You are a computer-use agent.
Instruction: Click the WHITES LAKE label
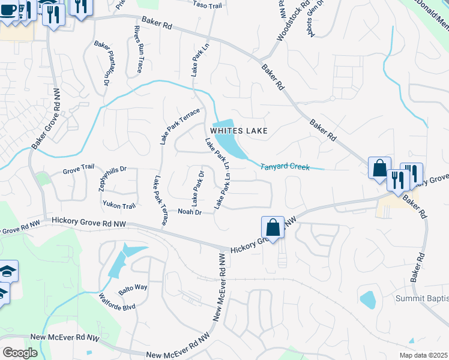[238, 130]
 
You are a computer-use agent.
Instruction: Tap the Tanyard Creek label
[285, 167]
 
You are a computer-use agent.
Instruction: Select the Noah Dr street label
[189, 212]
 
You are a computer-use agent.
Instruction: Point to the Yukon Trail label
[119, 206]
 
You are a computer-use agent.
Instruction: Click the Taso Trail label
[208, 5]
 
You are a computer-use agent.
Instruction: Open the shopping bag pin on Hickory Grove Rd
[273, 228]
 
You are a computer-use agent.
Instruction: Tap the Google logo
[20, 353]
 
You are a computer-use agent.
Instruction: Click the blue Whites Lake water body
[229, 142]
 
